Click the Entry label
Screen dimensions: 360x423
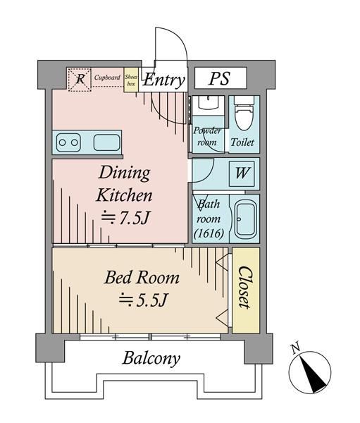point(163,80)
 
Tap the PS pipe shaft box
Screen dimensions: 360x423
point(221,78)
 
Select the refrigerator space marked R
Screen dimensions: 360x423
point(80,80)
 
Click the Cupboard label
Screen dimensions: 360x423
point(107,78)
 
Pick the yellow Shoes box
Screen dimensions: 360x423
point(131,80)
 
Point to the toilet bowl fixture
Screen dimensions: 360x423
point(244,114)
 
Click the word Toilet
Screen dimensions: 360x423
point(242,142)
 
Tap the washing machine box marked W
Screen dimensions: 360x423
point(242,173)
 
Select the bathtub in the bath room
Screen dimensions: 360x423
point(245,219)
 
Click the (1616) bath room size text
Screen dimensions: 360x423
point(209,233)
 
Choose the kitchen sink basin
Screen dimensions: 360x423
point(106,142)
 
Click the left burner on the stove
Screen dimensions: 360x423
point(62,142)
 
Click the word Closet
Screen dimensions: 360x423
point(245,288)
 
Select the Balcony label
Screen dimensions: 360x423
point(151,359)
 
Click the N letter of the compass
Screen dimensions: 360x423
point(296,348)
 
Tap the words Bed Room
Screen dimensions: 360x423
point(142,278)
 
